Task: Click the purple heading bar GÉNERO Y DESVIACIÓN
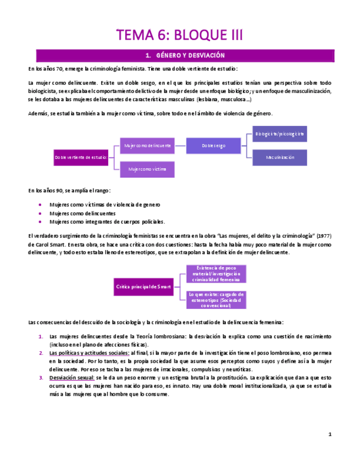[x=185, y=56]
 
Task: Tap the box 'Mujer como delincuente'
[x=147, y=146]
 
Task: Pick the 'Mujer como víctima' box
[x=147, y=169]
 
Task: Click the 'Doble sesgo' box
[x=213, y=146]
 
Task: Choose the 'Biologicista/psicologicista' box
[x=280, y=134]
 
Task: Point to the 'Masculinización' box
[x=280, y=157]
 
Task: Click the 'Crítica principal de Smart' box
[x=144, y=287]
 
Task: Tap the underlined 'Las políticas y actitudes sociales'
[x=89, y=353]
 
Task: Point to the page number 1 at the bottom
[x=329, y=434]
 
